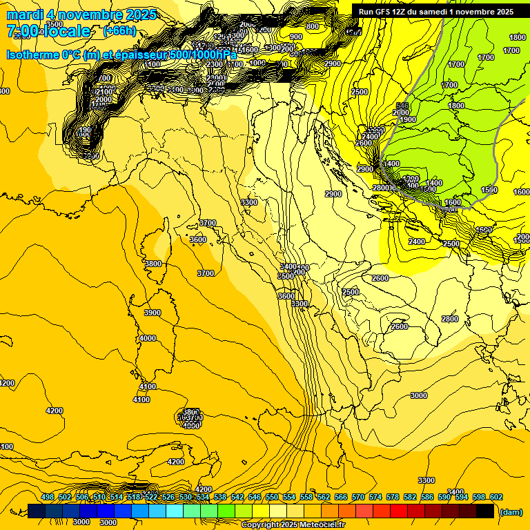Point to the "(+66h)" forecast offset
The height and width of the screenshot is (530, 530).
point(119,31)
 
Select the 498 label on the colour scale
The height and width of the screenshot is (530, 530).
point(48,498)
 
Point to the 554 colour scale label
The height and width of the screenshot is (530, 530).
point(289,498)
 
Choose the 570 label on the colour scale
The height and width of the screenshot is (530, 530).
point(358,498)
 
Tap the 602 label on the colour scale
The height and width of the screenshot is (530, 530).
point(495,498)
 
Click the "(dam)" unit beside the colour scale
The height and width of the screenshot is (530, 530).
point(510,511)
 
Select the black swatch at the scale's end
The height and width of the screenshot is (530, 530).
point(485,511)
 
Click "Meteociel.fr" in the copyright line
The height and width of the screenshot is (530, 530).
point(320,525)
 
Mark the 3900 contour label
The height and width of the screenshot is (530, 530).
point(152,313)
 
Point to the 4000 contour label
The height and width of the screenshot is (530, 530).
point(147,338)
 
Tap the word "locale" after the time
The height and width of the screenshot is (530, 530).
point(69,31)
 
